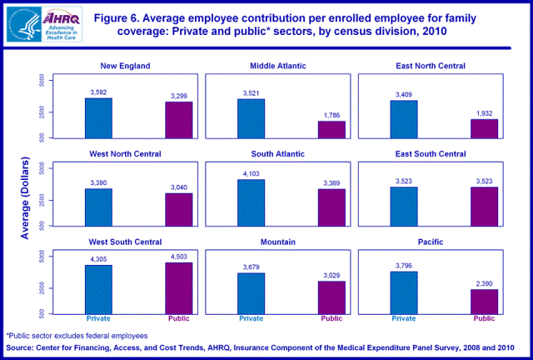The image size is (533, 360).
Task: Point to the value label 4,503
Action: (x=179, y=257)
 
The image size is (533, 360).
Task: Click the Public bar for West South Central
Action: (x=179, y=287)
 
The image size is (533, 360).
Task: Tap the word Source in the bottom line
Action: (x=23, y=347)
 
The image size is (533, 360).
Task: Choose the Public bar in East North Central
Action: (x=484, y=128)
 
